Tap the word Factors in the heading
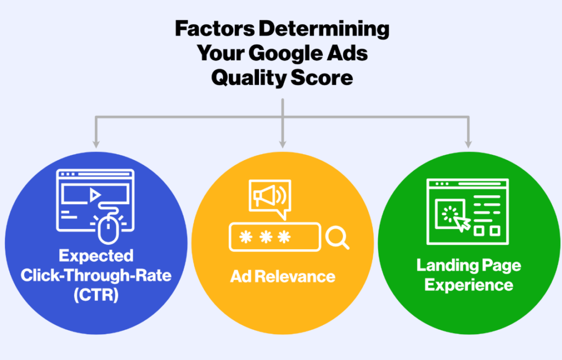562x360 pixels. pos(215,29)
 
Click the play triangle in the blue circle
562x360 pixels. pos(95,195)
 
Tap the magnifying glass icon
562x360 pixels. pos(337,238)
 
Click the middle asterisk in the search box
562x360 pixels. pos(266,237)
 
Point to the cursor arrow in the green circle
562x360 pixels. pos(462,223)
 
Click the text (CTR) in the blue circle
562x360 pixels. pos(96,295)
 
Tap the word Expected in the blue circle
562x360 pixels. pos(96,256)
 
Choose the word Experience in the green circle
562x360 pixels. pos(469,285)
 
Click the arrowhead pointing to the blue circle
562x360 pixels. pos(95,144)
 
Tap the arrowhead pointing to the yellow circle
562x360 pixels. pos(283,144)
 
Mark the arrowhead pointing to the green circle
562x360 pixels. pos(468,144)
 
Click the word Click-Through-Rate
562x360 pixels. pos(96,275)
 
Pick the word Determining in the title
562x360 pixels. pos(324,30)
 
